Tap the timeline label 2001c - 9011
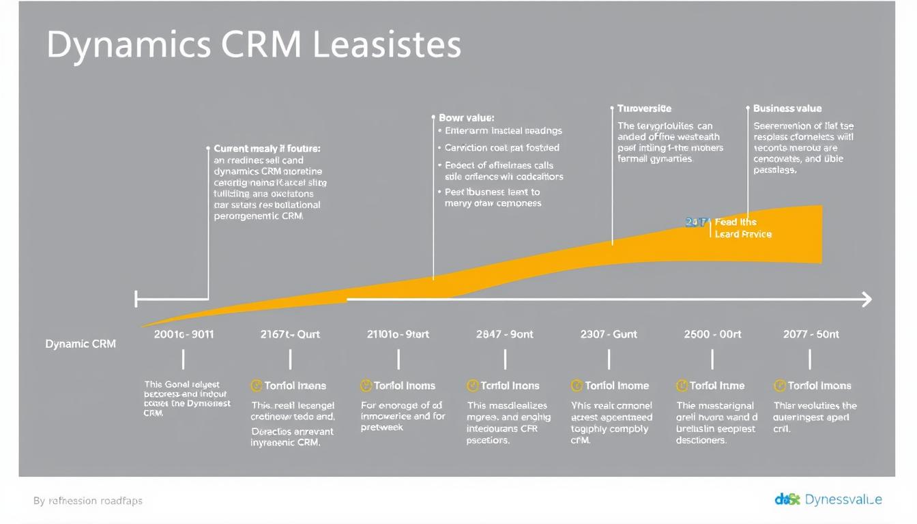coord(184,334)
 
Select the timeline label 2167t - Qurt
coord(290,334)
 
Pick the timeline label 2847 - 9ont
coord(504,334)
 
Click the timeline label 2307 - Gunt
coord(609,334)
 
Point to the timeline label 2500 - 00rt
coord(712,334)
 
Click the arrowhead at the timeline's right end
coord(867,299)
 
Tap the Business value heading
coord(787,108)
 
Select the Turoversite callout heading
coord(644,108)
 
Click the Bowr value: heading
coord(466,118)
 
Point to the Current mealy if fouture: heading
coord(267,148)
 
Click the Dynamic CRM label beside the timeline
coord(81,344)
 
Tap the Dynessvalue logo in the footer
coord(828,499)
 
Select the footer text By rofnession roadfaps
coord(88,501)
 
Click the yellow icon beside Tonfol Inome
coord(577,385)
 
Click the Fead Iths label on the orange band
coord(736,222)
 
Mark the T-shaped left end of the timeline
coord(136,299)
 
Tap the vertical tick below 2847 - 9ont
coord(505,360)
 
